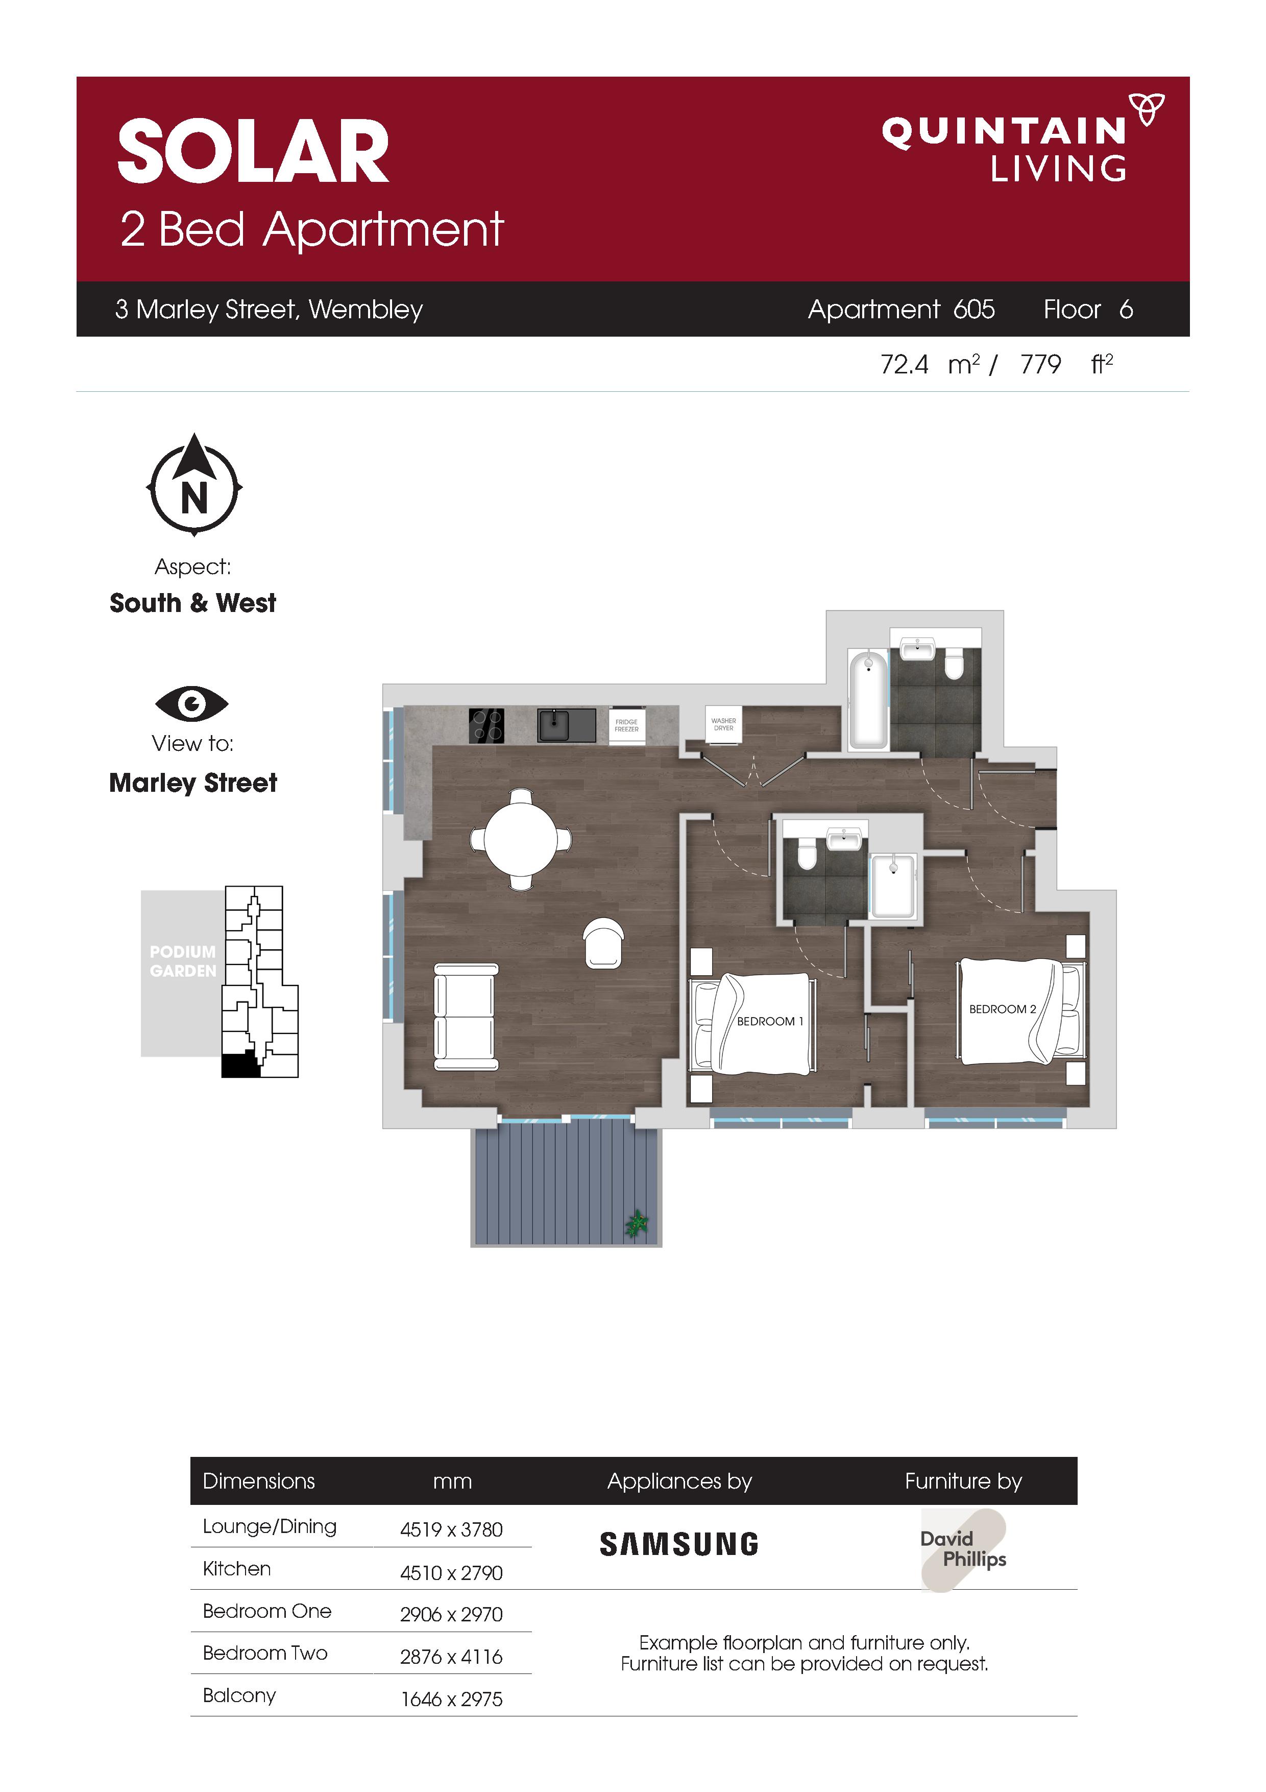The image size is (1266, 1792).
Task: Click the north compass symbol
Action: [194, 484]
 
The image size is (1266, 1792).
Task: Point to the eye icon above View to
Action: [192, 704]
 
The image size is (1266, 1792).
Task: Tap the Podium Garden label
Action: [183, 961]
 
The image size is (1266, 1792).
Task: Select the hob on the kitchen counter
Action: [486, 725]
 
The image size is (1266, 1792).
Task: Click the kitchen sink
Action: [566, 725]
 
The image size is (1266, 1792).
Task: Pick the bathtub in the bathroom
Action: [868, 699]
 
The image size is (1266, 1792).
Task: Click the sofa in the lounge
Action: [466, 1018]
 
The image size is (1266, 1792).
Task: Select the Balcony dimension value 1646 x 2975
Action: [452, 1699]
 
